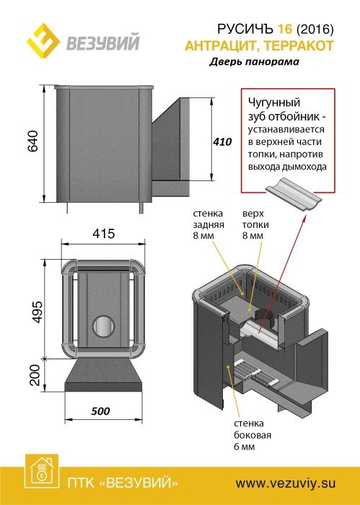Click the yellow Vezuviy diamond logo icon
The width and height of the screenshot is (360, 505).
43,40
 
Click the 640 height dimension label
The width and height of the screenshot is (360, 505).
32,141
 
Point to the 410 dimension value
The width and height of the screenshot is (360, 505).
222,141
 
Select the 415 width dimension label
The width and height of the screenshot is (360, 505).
103,234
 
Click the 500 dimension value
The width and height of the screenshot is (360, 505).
100,411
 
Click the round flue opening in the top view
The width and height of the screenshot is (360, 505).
104,327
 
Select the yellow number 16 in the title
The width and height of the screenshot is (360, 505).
285,30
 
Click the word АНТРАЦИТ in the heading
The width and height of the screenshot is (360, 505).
220,46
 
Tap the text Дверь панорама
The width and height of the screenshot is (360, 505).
255,61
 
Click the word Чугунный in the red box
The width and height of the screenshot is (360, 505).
274,103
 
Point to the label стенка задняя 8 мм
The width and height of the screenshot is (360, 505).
208,224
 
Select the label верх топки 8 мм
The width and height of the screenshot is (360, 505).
255,224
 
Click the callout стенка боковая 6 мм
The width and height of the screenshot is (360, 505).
253,435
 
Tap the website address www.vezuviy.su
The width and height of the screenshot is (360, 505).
286,483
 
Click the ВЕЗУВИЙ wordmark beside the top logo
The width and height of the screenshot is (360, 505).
103,42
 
